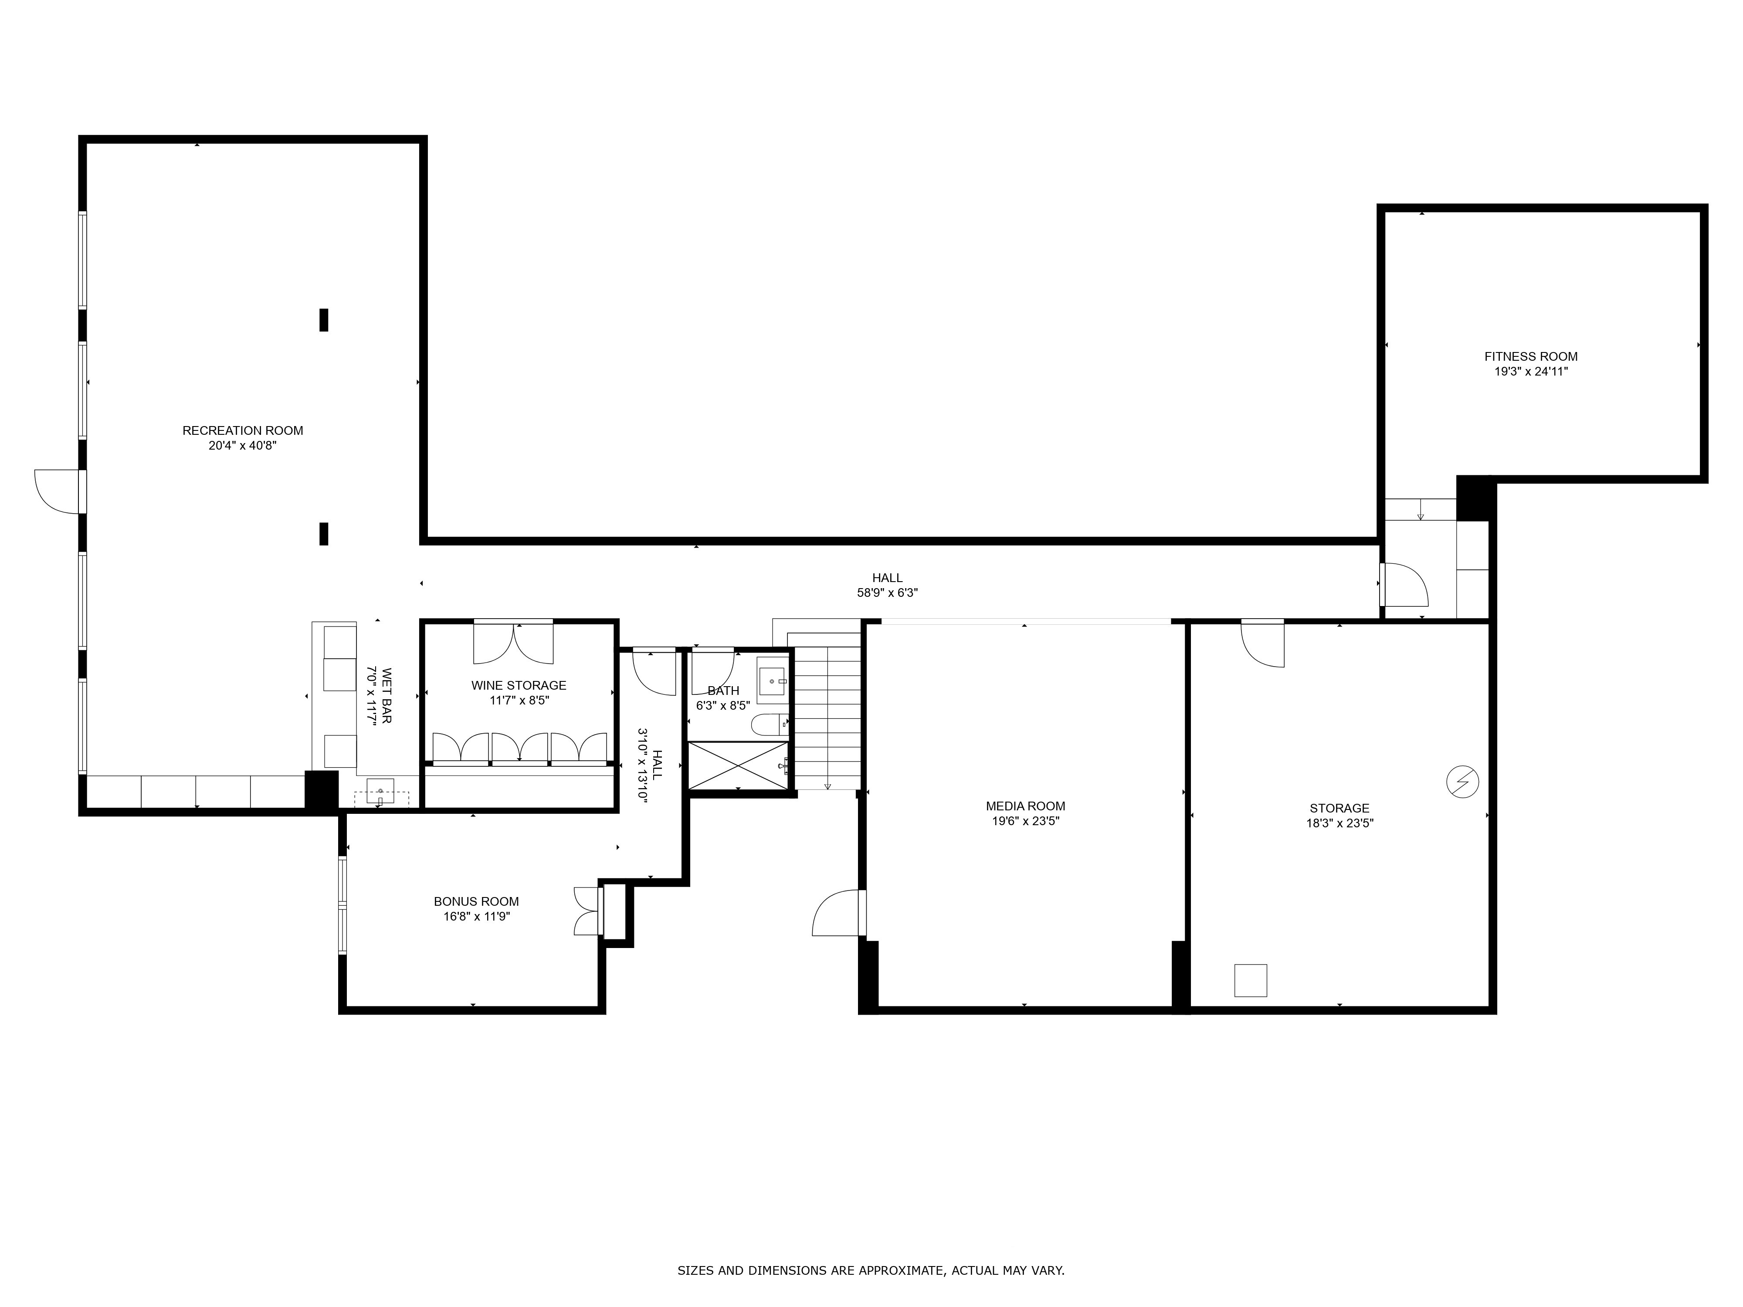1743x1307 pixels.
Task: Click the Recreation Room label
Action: [x=243, y=430]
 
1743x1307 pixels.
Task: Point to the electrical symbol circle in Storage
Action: [x=1462, y=782]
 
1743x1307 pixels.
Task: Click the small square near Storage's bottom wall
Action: [x=1251, y=980]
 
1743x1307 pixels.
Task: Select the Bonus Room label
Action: [x=476, y=901]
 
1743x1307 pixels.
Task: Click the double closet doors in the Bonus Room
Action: [x=587, y=911]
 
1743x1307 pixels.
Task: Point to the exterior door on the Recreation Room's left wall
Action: [x=58, y=491]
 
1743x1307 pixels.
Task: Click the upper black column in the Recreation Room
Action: [x=323, y=320]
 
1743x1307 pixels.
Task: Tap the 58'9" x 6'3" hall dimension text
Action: [x=887, y=593]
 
